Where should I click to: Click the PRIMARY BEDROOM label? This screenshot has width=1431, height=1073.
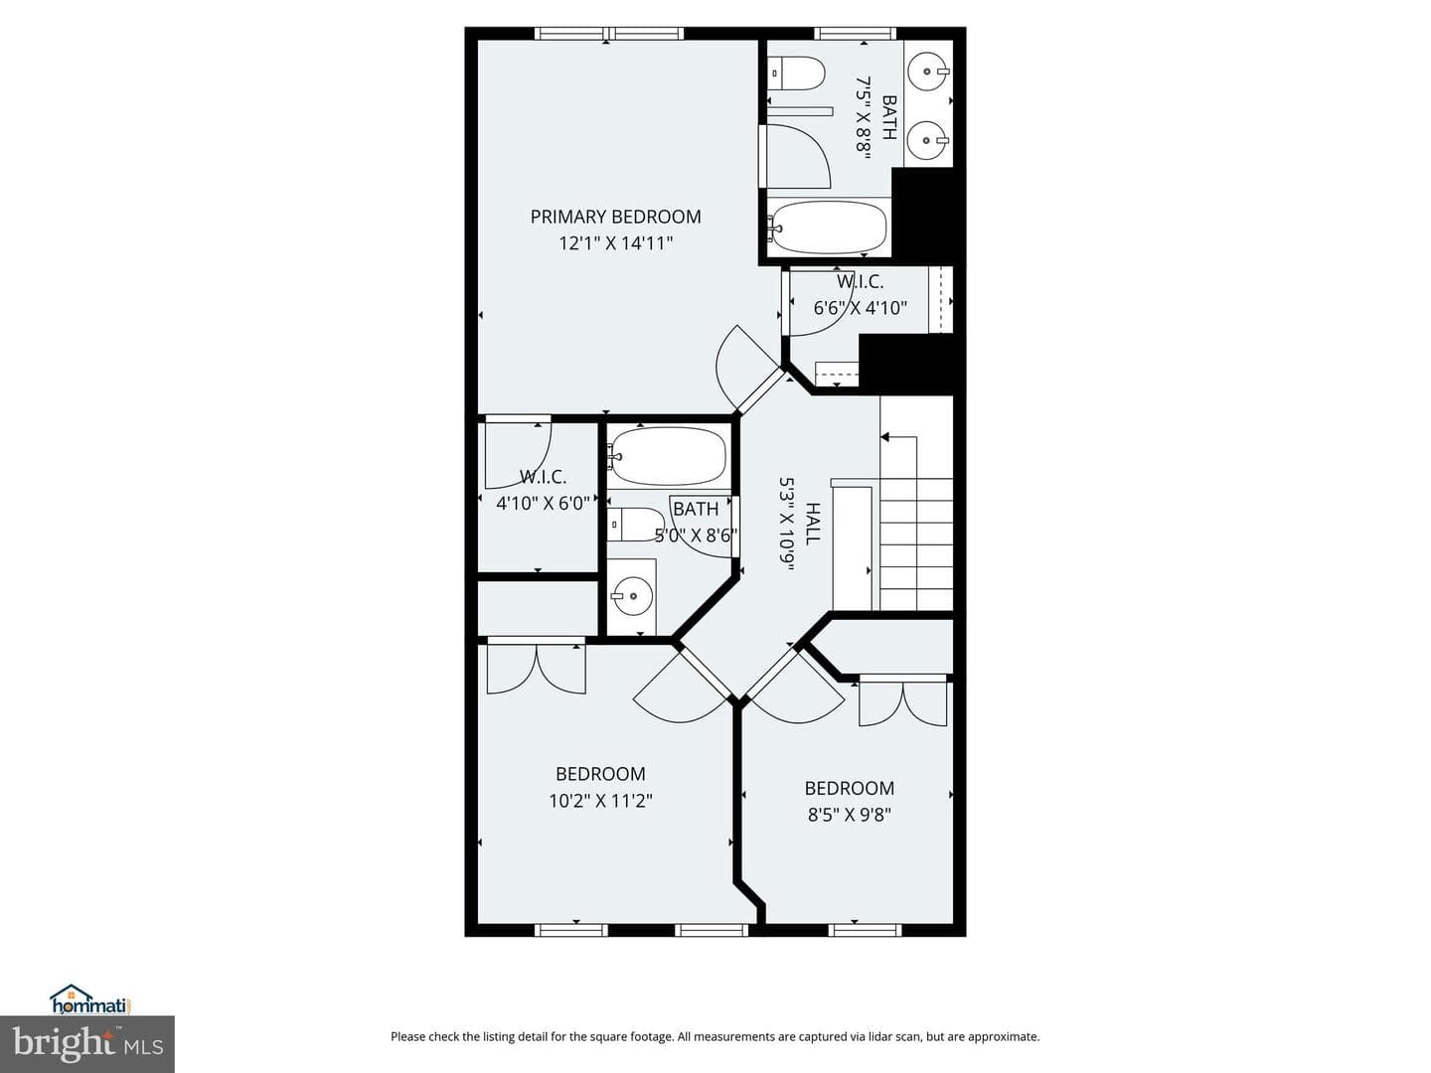[x=615, y=217]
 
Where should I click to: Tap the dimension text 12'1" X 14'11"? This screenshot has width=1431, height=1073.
[x=615, y=243]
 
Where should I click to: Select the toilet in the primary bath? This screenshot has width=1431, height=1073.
[x=796, y=73]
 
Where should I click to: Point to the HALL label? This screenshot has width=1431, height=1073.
[x=813, y=524]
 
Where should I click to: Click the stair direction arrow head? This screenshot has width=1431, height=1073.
[x=884, y=436]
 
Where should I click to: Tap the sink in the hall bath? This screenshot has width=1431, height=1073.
[x=631, y=595]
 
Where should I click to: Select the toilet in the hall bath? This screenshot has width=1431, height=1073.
[x=636, y=525]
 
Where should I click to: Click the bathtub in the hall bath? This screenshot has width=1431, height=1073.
[x=667, y=456]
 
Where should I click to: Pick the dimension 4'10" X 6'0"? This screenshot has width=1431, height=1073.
[x=543, y=504]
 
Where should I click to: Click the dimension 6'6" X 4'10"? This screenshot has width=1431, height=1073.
[x=860, y=308]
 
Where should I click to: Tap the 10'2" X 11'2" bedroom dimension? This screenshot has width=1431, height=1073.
[x=600, y=801]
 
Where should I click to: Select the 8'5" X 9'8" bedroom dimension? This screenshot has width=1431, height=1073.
[x=850, y=815]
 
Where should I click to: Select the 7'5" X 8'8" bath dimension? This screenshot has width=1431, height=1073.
[x=864, y=114]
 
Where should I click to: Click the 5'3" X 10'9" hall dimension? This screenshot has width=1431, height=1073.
[x=787, y=524]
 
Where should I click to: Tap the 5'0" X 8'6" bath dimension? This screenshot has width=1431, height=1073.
[x=696, y=536]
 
